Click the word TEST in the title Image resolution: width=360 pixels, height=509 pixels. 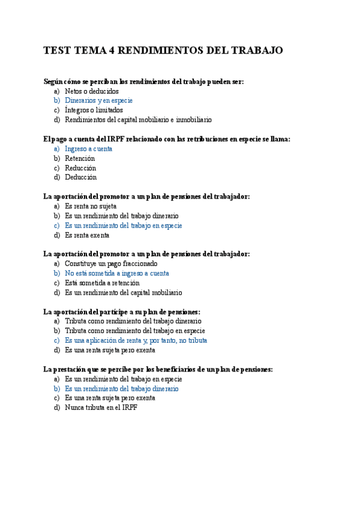coord(57,51)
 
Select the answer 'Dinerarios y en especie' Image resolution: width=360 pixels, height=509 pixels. coord(98,101)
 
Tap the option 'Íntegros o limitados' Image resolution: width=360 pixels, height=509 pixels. coord(94,110)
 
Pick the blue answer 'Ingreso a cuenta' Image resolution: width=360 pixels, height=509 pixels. coord(88,149)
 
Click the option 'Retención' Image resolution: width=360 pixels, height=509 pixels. coord(80,158)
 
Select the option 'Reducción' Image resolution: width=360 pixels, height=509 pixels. coord(80,168)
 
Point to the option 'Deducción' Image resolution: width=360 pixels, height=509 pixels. coord(80,177)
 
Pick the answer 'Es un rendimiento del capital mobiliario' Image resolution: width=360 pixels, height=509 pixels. coord(123,292)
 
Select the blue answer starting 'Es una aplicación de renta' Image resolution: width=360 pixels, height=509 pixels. coord(136,340)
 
